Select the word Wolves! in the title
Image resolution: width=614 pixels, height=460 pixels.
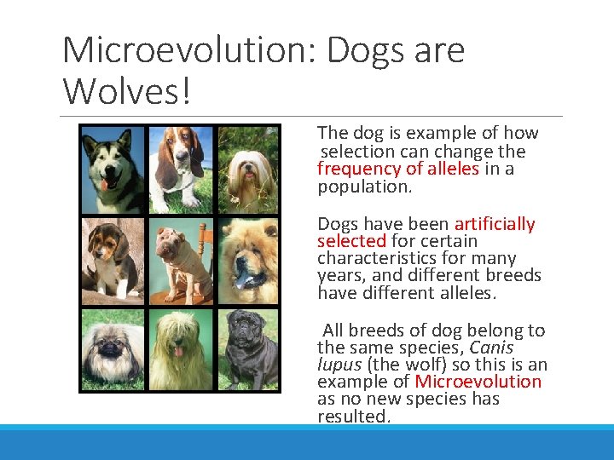[127, 90]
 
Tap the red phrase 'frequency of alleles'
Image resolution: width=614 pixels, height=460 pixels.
[398, 169]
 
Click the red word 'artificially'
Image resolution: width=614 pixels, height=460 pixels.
[495, 224]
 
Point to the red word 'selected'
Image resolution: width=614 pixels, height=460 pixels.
[351, 241]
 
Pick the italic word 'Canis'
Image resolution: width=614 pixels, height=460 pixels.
[491, 348]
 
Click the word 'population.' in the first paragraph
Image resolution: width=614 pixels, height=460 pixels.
[364, 187]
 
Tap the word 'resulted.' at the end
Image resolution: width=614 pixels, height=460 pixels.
[353, 417]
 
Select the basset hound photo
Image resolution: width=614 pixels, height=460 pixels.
[180, 169]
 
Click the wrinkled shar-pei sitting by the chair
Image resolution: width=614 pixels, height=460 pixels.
[180, 261]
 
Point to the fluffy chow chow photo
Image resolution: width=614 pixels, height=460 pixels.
[248, 261]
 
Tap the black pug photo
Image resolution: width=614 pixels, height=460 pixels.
[248, 349]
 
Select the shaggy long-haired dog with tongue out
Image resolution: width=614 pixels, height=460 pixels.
[180, 349]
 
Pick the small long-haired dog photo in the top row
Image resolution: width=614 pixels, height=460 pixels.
[248, 169]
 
